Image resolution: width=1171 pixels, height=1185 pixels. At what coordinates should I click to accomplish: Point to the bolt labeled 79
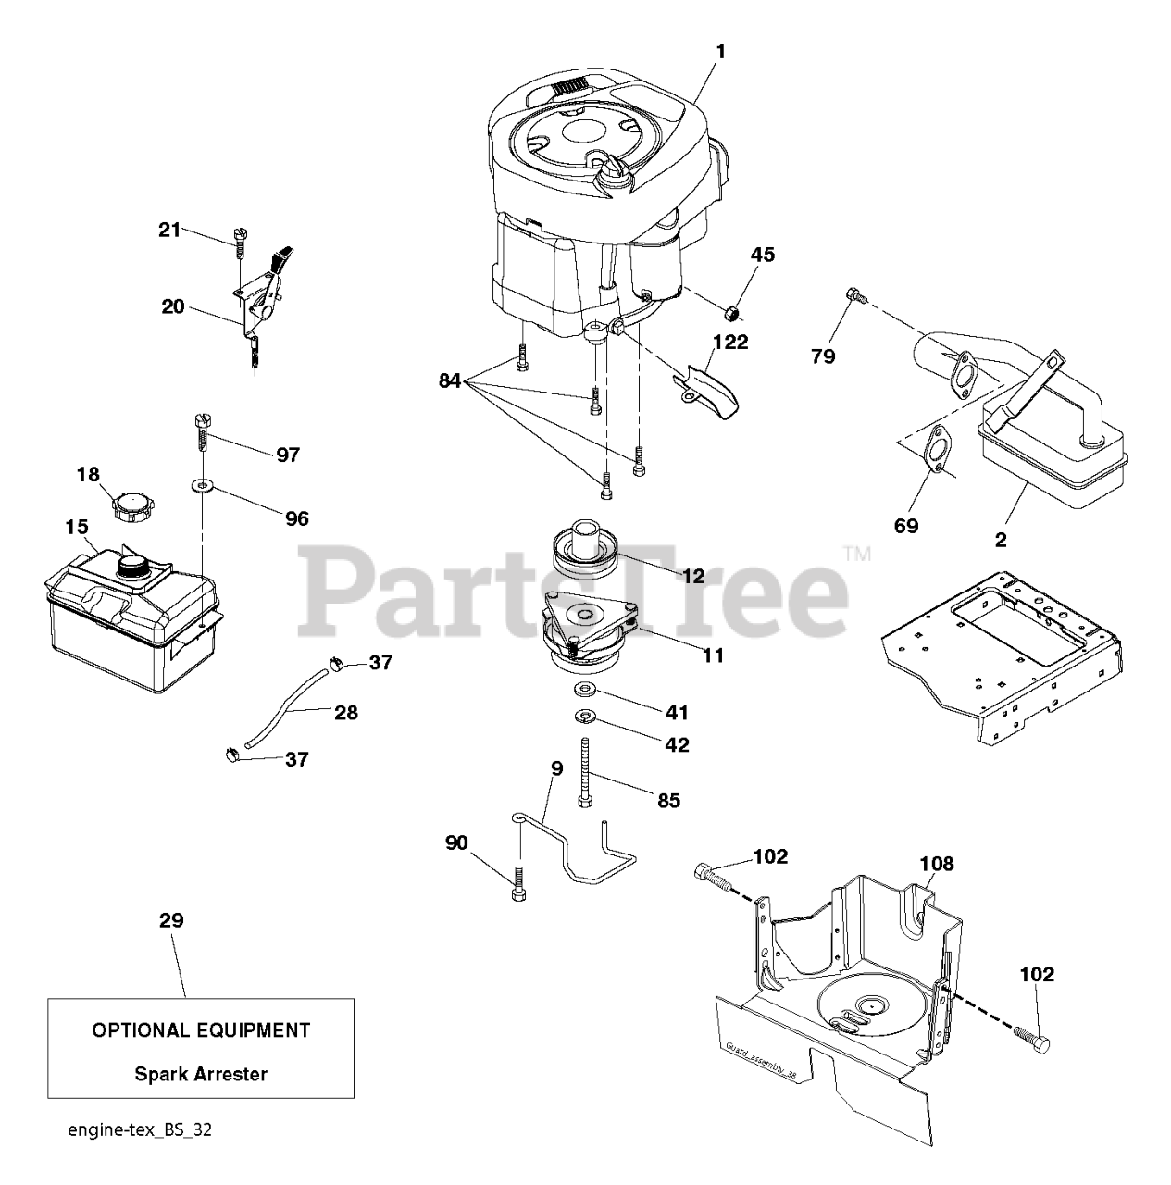pyautogui.click(x=855, y=296)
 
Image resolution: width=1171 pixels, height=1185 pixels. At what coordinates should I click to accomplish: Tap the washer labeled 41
pyautogui.click(x=584, y=690)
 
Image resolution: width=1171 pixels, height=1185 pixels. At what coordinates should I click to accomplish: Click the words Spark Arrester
pyautogui.click(x=201, y=1074)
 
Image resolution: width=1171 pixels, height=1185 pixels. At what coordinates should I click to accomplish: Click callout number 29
pyautogui.click(x=171, y=920)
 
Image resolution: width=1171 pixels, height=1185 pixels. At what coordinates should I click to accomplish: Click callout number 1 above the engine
pyautogui.click(x=720, y=51)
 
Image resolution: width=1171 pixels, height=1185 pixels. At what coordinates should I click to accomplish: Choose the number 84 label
pyautogui.click(x=450, y=380)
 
